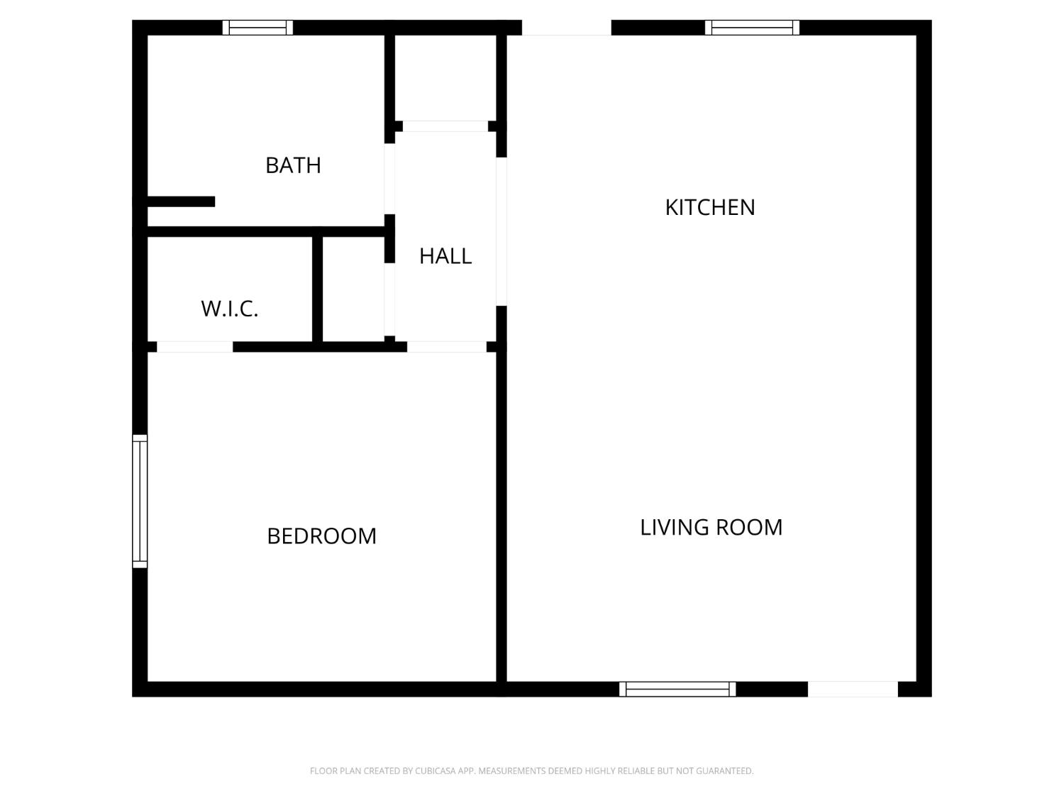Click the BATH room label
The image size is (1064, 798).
pyautogui.click(x=293, y=165)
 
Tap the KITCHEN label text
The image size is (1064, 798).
pyautogui.click(x=709, y=207)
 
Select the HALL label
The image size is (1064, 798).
pyautogui.click(x=445, y=256)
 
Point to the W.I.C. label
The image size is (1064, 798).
pyautogui.click(x=229, y=309)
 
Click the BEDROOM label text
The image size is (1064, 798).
pyautogui.click(x=321, y=536)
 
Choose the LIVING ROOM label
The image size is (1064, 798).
pyautogui.click(x=711, y=527)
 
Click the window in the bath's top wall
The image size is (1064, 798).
pyautogui.click(x=257, y=28)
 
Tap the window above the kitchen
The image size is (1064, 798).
pyautogui.click(x=752, y=28)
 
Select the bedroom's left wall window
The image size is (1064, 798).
pyautogui.click(x=140, y=501)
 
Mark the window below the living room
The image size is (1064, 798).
pyautogui.click(x=677, y=689)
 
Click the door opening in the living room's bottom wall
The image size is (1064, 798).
pyautogui.click(x=853, y=689)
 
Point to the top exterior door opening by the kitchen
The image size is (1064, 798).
pyautogui.click(x=566, y=28)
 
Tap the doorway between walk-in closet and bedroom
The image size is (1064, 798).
pyautogui.click(x=195, y=347)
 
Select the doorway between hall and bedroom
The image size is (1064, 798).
pyautogui.click(x=446, y=347)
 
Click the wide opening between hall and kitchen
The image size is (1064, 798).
pyautogui.click(x=501, y=232)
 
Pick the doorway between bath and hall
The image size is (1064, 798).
pyautogui.click(x=389, y=179)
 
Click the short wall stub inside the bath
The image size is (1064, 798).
pyautogui.click(x=181, y=201)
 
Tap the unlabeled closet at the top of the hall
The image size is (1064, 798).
pyautogui.click(x=445, y=77)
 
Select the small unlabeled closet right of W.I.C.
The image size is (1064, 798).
pyautogui.click(x=353, y=289)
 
